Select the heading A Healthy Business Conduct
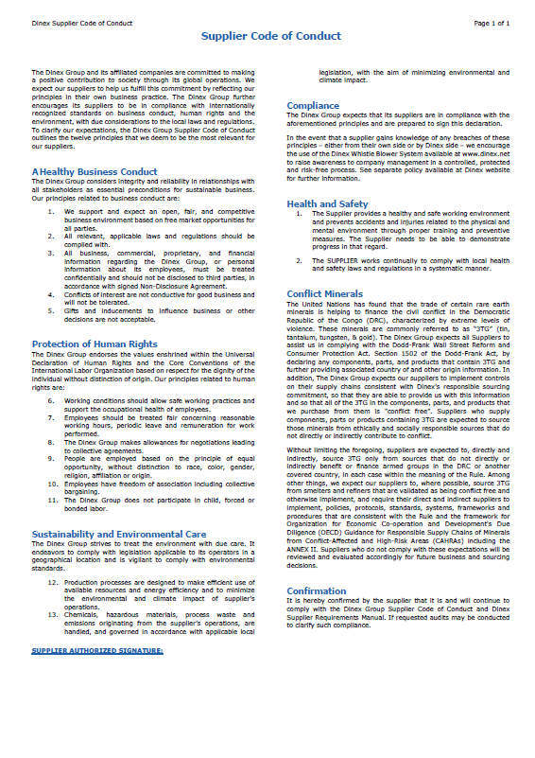point(81,171)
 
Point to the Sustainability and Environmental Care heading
point(119,534)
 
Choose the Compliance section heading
point(313,105)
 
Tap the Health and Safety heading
point(327,203)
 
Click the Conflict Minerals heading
point(324,293)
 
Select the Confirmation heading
point(317,591)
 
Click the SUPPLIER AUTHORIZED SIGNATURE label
point(97,651)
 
